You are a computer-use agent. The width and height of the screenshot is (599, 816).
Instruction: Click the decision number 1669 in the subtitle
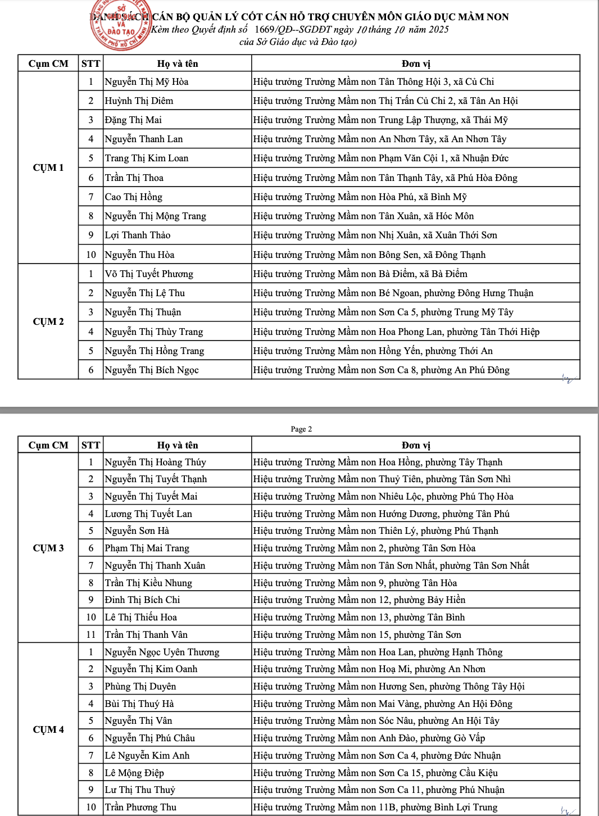[x=264, y=29]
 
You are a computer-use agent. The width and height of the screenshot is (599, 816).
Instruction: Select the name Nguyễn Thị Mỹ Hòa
[x=147, y=82]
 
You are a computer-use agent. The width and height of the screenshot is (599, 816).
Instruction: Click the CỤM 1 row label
[x=48, y=167]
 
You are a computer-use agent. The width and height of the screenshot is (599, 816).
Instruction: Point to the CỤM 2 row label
[x=48, y=321]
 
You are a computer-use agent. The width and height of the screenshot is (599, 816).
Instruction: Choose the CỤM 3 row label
[x=48, y=548]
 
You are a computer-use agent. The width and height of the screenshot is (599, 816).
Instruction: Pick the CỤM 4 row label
[x=48, y=729]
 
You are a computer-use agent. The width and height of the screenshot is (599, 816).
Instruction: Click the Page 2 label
[x=301, y=429]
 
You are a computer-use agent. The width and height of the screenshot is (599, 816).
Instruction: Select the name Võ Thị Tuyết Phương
[x=149, y=274]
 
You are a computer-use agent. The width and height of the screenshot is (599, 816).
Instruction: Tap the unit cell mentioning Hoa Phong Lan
[x=396, y=332]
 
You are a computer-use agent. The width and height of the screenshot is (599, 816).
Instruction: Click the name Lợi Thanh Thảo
[x=138, y=235]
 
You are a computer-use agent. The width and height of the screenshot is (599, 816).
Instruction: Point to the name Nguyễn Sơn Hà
[x=137, y=531]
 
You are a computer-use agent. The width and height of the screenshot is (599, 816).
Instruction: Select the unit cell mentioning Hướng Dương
[x=381, y=514]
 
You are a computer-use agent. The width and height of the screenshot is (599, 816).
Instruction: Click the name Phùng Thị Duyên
[x=140, y=687]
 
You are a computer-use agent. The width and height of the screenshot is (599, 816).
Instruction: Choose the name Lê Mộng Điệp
[x=134, y=773]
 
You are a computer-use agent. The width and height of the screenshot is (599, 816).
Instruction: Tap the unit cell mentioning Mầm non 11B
[x=375, y=808]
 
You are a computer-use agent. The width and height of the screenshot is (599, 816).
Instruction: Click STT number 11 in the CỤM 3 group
[x=90, y=634]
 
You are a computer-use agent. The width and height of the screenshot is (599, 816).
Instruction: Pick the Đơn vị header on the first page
[x=416, y=64]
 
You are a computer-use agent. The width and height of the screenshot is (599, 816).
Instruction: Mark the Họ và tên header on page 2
[x=178, y=445]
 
